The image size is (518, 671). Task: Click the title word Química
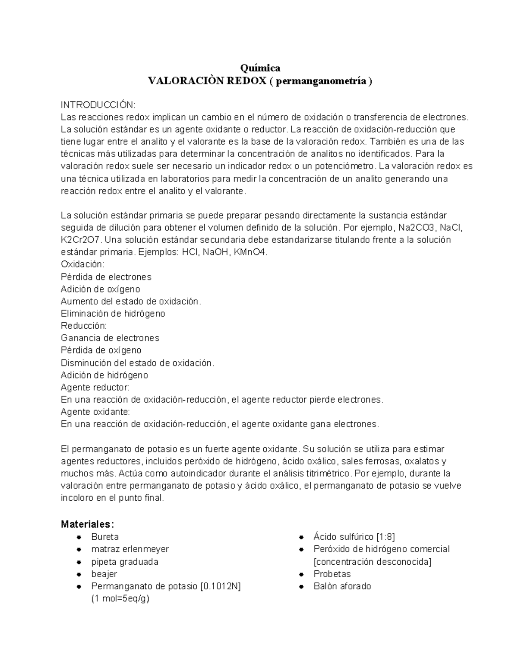click(260, 68)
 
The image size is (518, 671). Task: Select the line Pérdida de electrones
click(106, 277)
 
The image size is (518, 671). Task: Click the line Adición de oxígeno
click(101, 289)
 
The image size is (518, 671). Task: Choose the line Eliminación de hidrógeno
click(113, 314)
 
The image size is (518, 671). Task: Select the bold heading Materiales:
click(88, 525)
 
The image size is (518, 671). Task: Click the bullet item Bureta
click(105, 537)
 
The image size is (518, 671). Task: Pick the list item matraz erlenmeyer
click(130, 549)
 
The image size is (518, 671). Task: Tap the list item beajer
click(104, 574)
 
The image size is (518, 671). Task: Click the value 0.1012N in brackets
click(221, 586)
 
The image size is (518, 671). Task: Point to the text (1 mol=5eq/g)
click(120, 599)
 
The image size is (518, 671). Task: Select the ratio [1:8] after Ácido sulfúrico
click(385, 537)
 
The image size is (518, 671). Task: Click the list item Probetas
click(332, 574)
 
